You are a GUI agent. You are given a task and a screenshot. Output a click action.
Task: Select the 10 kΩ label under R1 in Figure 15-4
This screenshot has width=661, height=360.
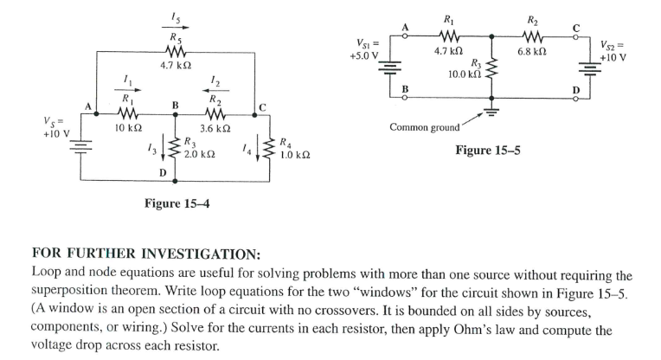coord(128,128)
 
